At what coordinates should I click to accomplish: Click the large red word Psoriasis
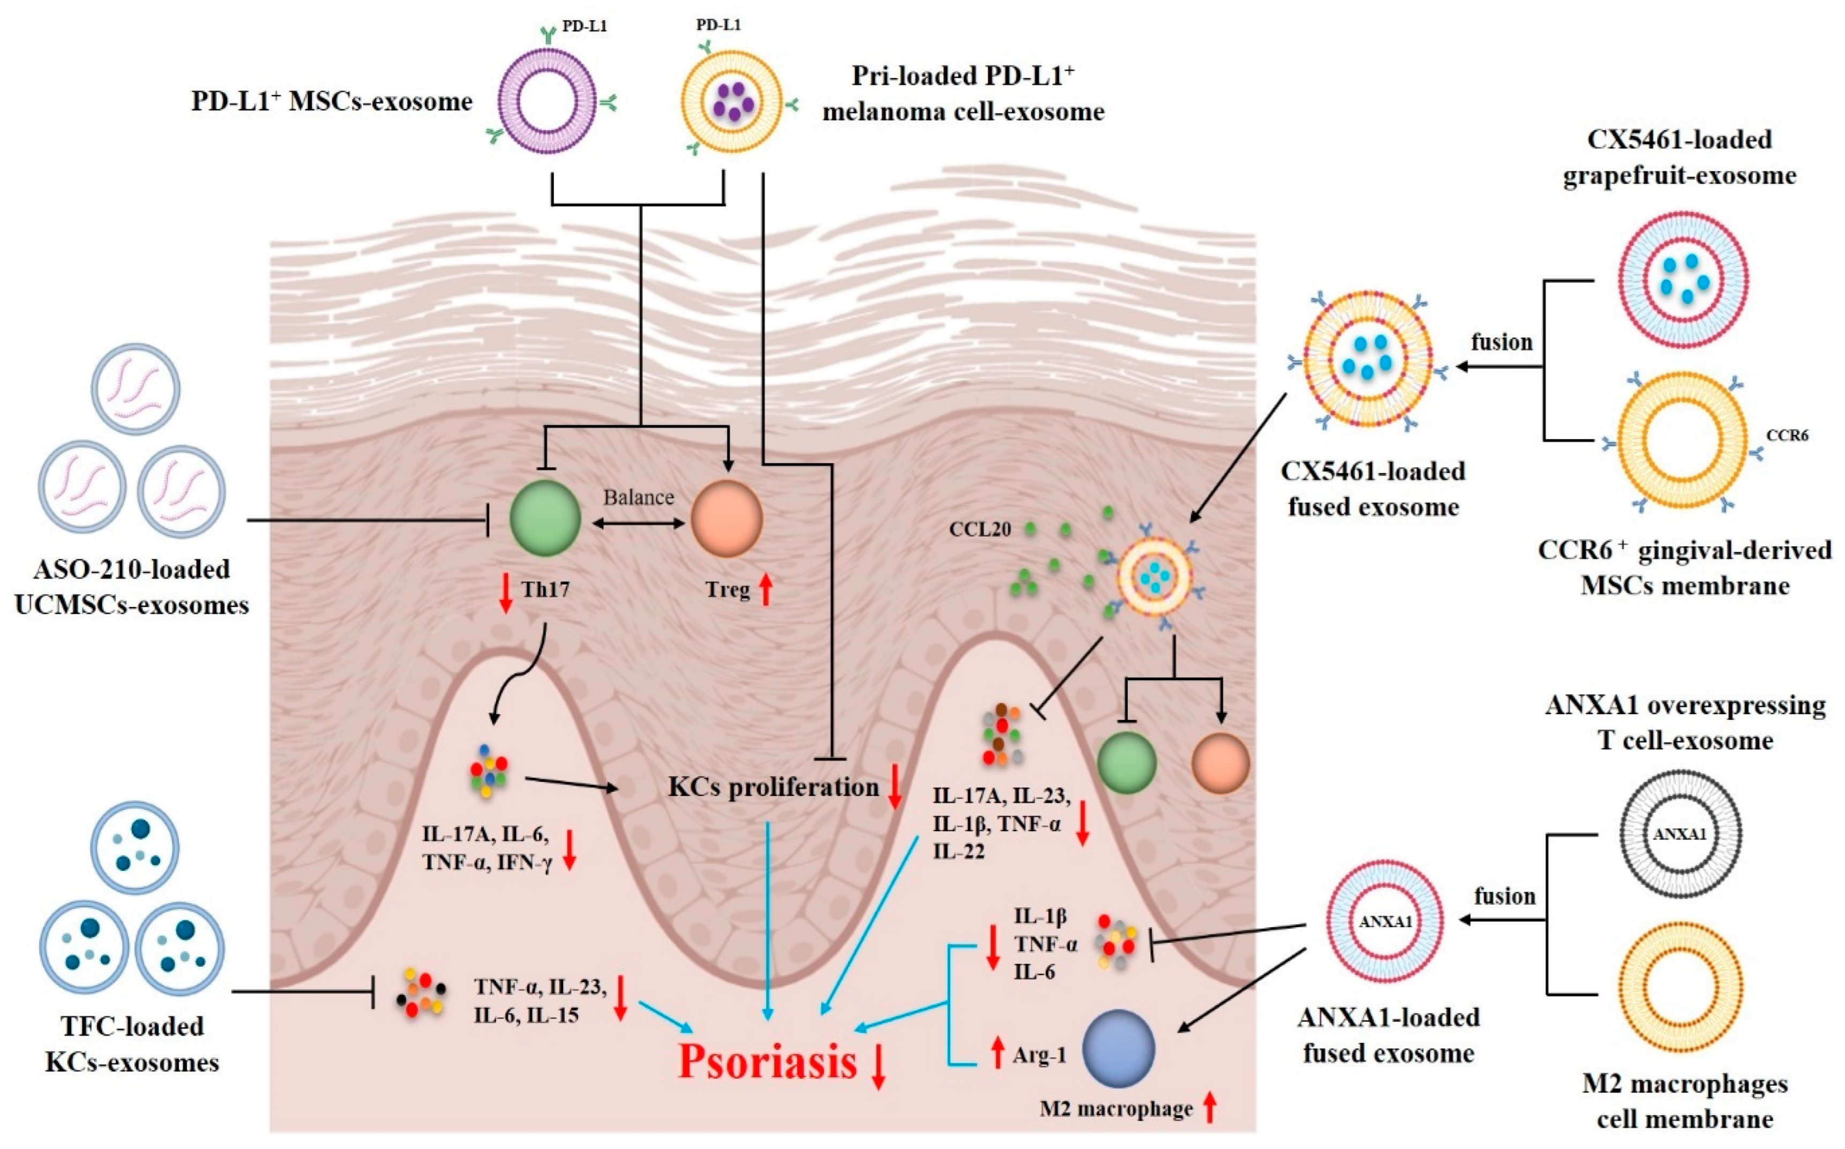pyautogui.click(x=768, y=1062)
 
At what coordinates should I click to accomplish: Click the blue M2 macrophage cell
pyautogui.click(x=1118, y=1049)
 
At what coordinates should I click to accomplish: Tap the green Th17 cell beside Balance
pyautogui.click(x=545, y=519)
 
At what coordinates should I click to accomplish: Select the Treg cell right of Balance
pyautogui.click(x=726, y=519)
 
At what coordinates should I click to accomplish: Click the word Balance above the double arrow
pyautogui.click(x=638, y=497)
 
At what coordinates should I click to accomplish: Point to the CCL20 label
pyautogui.click(x=979, y=530)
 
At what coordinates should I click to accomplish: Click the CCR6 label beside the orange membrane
pyautogui.click(x=1787, y=435)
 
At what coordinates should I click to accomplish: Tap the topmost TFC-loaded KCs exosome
pyautogui.click(x=135, y=846)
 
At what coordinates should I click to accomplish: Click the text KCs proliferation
pyautogui.click(x=773, y=787)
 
